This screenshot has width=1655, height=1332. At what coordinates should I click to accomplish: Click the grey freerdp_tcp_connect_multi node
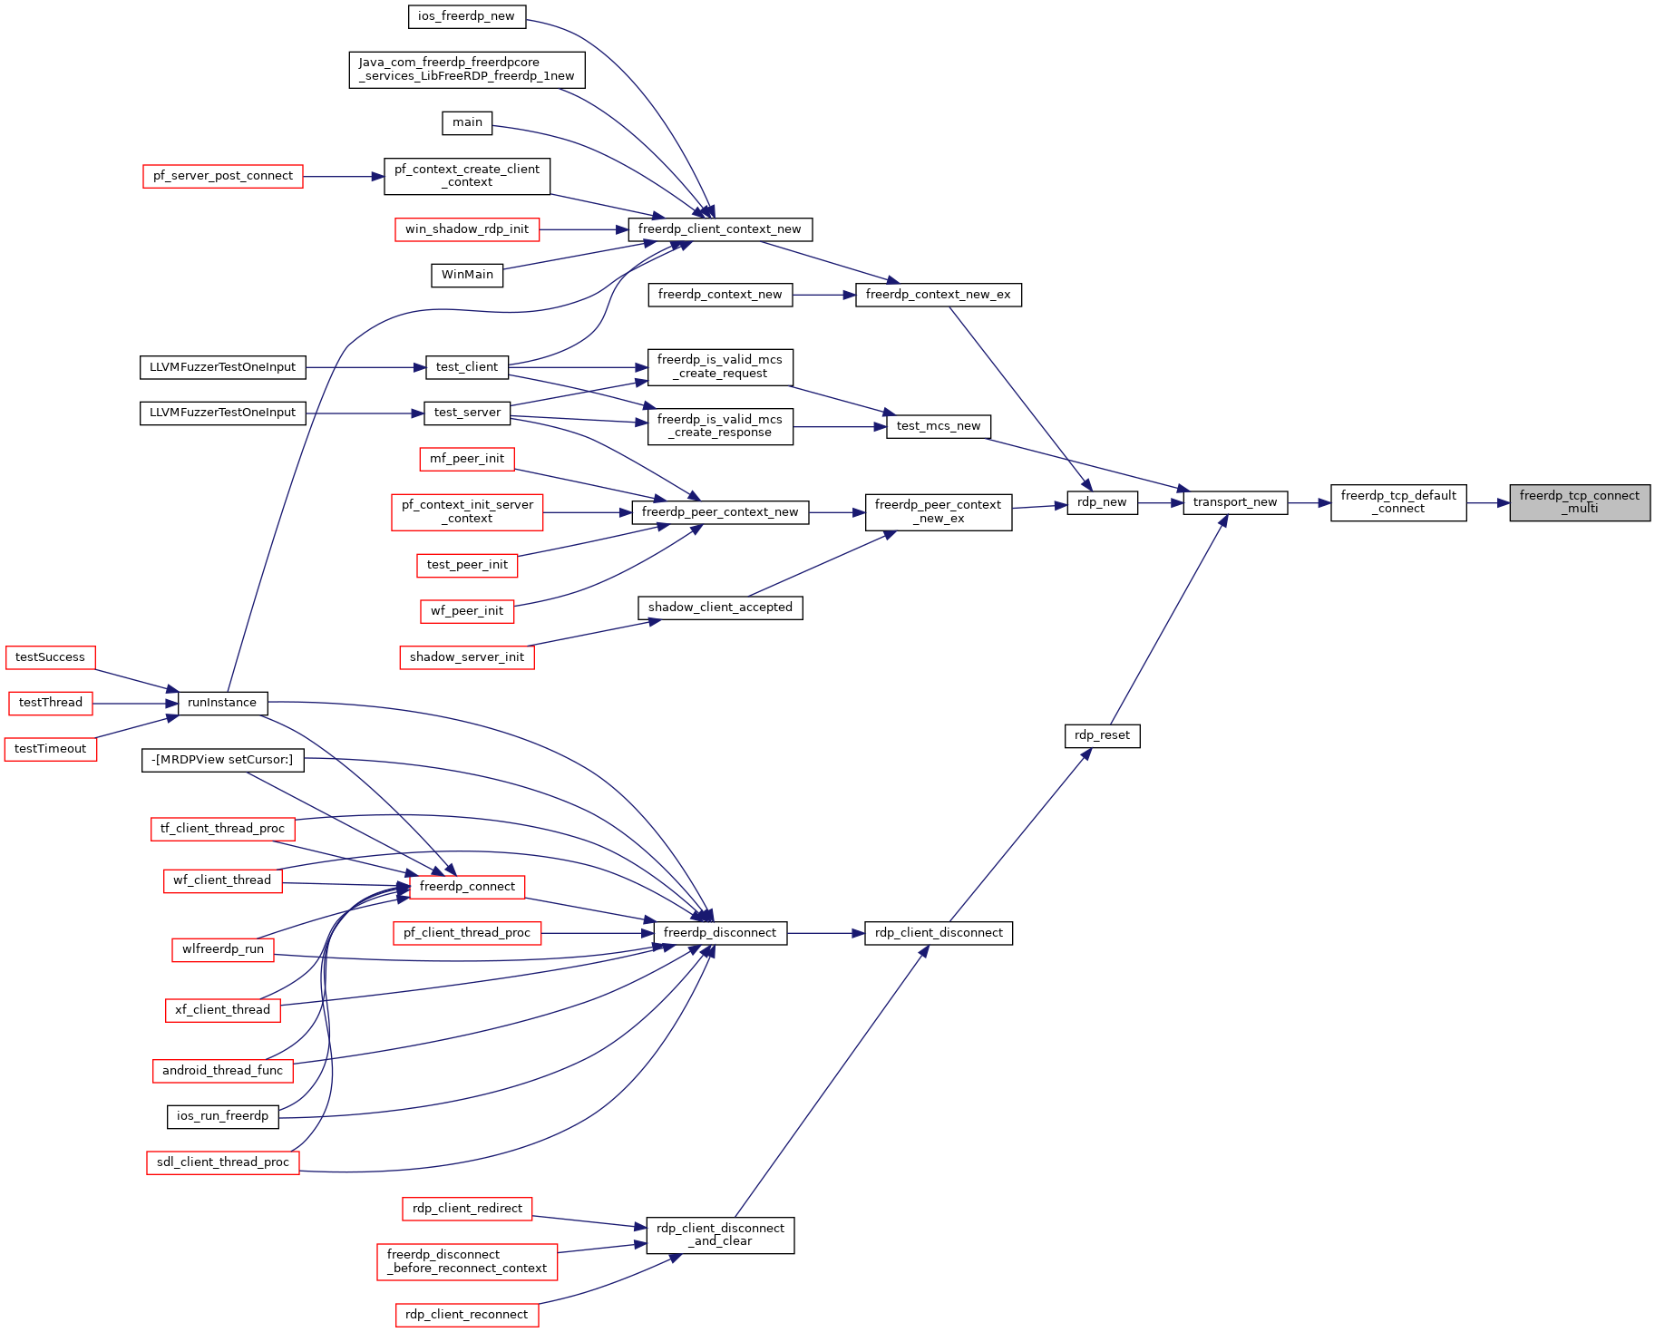point(1580,502)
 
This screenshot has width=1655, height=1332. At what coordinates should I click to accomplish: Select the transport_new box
point(1235,502)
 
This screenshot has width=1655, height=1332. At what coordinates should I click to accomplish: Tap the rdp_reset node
point(1102,735)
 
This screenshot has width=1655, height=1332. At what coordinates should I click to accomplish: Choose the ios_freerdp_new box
point(466,16)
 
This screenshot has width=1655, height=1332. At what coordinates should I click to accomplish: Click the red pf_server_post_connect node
point(223,176)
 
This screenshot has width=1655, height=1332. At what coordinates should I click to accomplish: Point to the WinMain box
point(467,275)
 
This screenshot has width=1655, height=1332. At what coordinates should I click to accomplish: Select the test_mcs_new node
point(939,426)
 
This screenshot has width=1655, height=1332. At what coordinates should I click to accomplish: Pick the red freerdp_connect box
point(467,887)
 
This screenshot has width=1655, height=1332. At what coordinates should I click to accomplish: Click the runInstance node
point(222,703)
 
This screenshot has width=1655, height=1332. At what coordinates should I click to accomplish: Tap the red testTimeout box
point(51,749)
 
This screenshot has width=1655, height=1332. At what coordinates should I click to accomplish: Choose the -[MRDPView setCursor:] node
point(222,760)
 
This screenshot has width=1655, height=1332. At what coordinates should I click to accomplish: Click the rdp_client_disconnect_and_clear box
point(720,1235)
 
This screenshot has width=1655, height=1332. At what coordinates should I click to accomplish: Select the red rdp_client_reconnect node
point(467,1315)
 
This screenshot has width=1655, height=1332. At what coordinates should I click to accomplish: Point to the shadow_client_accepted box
point(720,608)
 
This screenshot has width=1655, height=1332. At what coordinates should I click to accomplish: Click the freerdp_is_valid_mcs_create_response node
point(720,426)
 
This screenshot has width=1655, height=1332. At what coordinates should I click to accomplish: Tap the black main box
point(467,123)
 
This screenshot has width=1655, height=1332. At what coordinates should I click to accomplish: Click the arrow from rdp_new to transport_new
point(1161,502)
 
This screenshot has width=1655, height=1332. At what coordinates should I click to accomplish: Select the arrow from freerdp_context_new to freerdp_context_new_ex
point(824,295)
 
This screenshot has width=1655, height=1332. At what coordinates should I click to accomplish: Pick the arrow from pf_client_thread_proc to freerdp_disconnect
point(598,933)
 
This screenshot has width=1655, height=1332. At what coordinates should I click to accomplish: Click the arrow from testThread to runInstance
point(135,703)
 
